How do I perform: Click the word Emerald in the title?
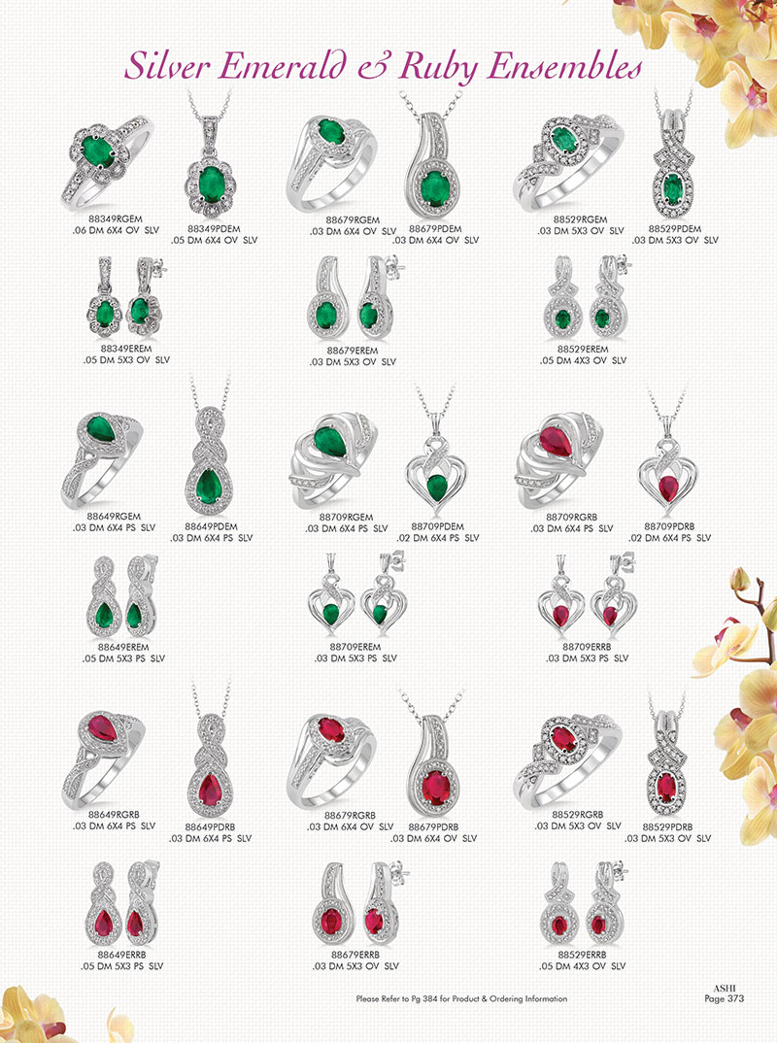coord(283,66)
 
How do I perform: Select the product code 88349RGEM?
coord(115,219)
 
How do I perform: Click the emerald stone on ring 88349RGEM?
coord(97,151)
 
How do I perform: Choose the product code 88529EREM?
coord(583,350)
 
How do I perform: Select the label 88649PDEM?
coord(211,526)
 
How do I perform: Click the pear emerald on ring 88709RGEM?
coord(330,442)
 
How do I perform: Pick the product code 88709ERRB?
coord(587,647)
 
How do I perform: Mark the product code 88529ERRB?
coord(582,955)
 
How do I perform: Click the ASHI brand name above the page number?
coord(725,989)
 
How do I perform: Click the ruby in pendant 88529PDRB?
coord(666,788)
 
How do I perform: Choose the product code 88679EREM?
coord(352,351)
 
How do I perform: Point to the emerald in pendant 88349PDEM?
coord(211,183)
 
